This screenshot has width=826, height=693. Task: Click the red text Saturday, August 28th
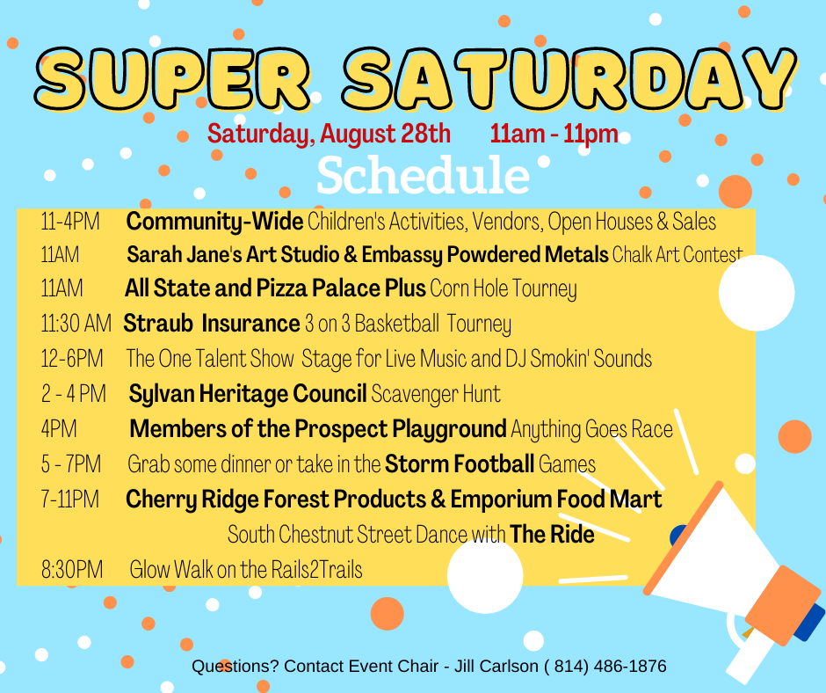coord(329,135)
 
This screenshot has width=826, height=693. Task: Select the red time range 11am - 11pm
coord(554,135)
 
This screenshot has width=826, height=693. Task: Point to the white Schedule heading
coord(423,176)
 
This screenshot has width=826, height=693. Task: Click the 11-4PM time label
coord(69,222)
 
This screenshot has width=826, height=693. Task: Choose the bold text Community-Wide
coord(214,222)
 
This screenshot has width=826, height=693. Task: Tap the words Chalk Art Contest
coord(677,256)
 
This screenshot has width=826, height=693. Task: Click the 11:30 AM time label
coord(76,324)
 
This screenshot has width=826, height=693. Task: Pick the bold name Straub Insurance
coord(211,324)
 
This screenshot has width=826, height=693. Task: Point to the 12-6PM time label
coord(72,359)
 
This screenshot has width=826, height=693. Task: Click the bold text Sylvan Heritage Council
coord(248,394)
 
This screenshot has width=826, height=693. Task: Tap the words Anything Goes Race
coord(591,429)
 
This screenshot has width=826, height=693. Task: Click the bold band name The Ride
coord(552,534)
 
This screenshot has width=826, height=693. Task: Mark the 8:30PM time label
coord(72,570)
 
